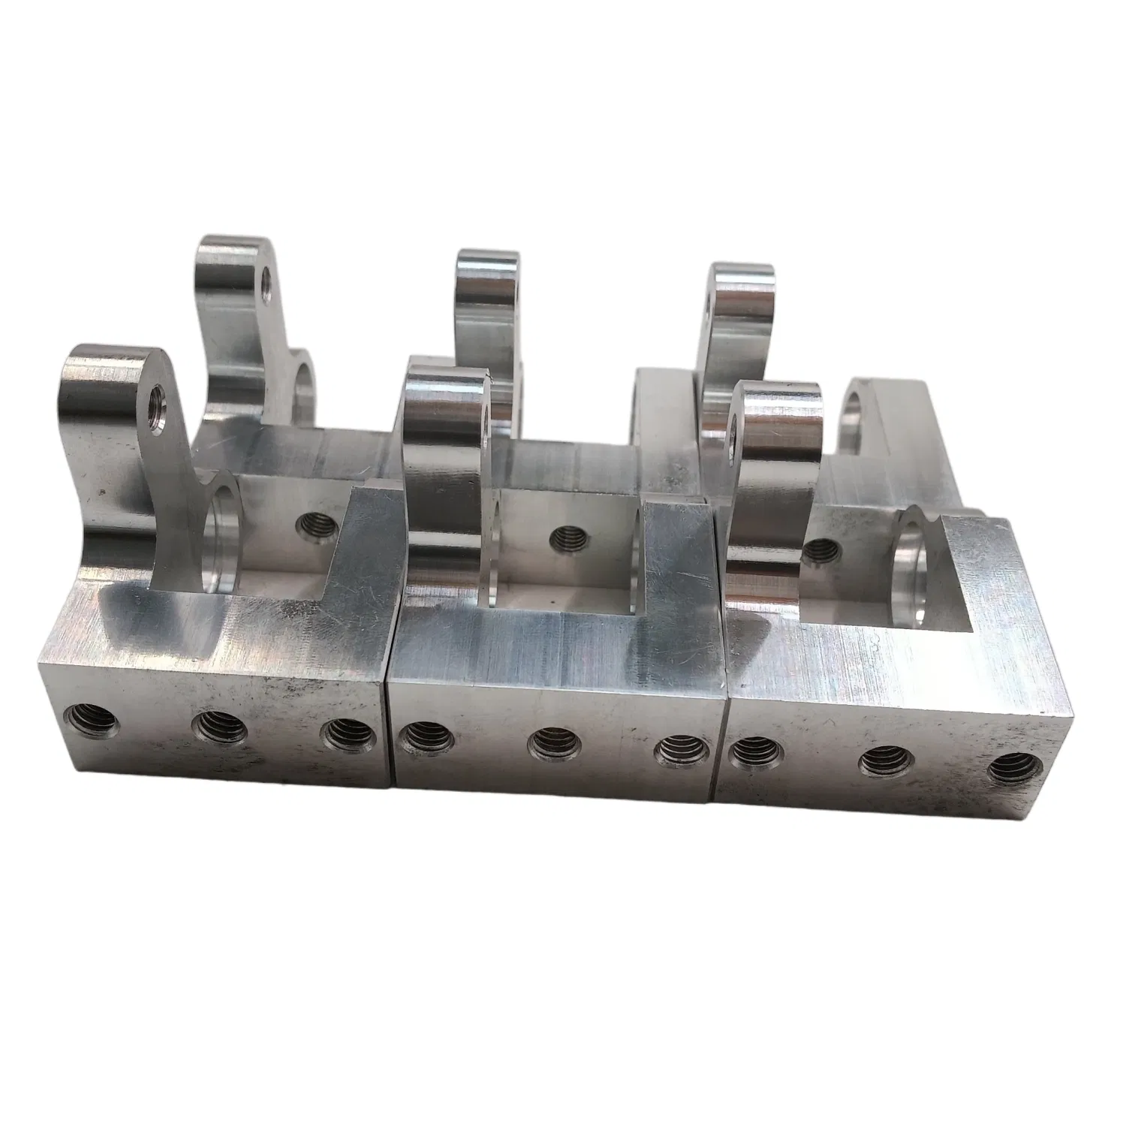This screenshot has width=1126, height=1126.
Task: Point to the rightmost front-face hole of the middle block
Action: [679, 754]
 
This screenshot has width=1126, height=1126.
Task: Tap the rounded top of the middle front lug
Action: [446, 373]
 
